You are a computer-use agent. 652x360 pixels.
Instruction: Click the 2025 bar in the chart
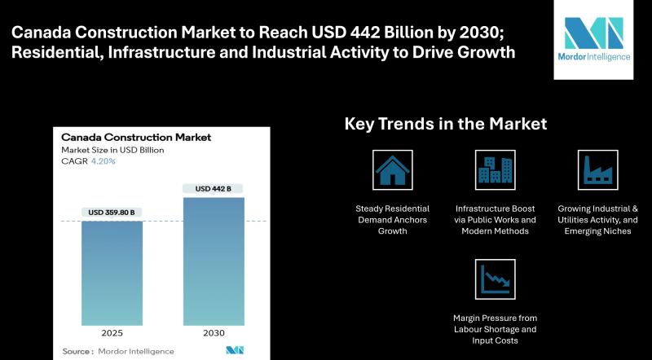[x=112, y=273]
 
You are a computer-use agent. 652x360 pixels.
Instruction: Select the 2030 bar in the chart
[x=213, y=261]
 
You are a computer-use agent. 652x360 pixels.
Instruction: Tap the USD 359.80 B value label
[x=112, y=213]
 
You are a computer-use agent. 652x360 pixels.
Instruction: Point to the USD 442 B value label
[x=213, y=189]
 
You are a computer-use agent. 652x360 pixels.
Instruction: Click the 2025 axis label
[x=112, y=333]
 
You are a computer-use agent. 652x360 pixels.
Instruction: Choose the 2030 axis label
[x=213, y=333]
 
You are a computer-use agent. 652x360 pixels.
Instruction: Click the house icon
[x=392, y=169]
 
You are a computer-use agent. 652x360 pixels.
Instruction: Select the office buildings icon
[x=495, y=169]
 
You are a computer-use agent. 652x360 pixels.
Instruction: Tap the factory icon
[x=597, y=169]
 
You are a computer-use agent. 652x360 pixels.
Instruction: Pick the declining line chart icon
[x=495, y=279]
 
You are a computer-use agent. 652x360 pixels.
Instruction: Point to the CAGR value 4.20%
[x=104, y=161]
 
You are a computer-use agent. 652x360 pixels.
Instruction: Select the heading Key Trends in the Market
[x=445, y=124]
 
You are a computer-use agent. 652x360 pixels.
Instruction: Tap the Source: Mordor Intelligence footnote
[x=118, y=351]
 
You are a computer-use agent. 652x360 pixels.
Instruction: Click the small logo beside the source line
[x=236, y=350]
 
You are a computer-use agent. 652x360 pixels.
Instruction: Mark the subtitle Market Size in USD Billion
[x=112, y=150]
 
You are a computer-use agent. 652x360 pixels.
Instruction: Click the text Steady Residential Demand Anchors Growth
[x=392, y=220]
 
